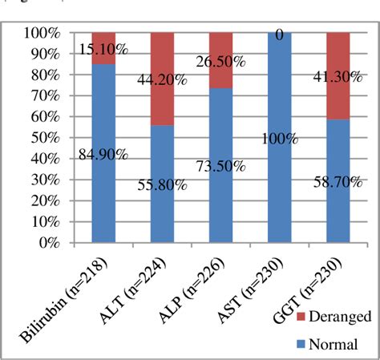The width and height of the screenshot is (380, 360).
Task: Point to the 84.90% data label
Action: point(103,156)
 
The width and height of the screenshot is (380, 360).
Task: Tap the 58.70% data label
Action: point(338,183)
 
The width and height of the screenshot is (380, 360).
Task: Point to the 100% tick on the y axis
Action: point(42,33)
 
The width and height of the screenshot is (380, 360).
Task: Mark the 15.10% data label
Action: point(103,50)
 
